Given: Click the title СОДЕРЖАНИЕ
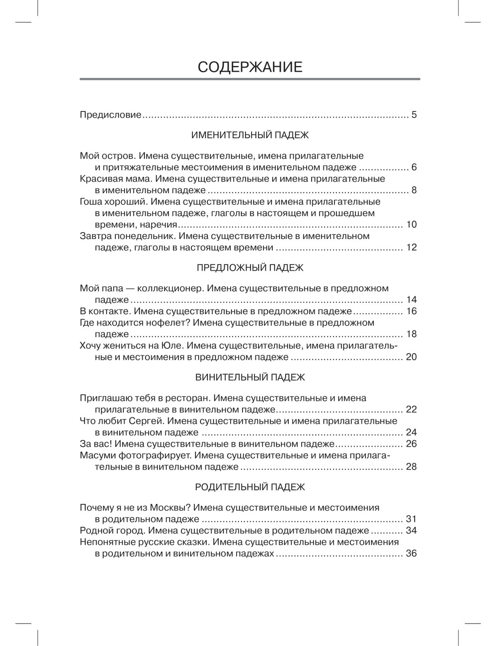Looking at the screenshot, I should pos(249,67).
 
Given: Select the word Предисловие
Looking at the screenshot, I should pos(110,115).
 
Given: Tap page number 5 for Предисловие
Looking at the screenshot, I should pos(414,115).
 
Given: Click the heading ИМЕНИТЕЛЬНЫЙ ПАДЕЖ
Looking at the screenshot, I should pos(249,135).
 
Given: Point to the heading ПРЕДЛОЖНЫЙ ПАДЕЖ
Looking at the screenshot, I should pos(249,268).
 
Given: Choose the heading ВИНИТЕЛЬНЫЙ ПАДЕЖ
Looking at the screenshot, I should pos(249,378).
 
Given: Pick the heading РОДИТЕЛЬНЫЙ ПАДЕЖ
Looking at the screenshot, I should pos(249,487).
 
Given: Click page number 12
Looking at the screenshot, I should pos(411,247).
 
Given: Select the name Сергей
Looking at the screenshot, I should pos(146,421).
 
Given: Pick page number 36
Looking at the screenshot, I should pos(411,554).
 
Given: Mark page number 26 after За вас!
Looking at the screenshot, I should pos(411,444).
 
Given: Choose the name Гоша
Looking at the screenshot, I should pos(90,202).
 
